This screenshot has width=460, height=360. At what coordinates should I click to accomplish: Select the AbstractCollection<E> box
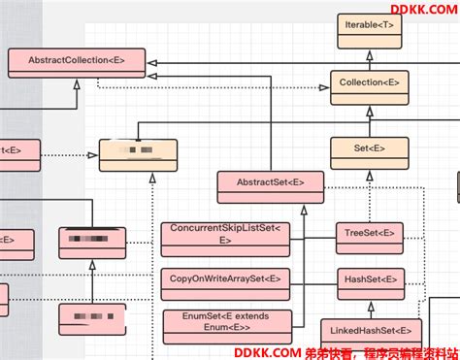coord(77,61)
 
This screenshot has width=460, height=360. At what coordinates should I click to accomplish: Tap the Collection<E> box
coord(368,84)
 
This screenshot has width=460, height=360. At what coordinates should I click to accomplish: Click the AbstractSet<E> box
coord(271,181)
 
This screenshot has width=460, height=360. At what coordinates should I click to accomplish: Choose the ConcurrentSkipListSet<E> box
coord(224,235)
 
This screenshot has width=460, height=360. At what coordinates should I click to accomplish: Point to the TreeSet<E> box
coord(370,233)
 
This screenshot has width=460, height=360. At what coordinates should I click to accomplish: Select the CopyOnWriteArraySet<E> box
coord(224,278)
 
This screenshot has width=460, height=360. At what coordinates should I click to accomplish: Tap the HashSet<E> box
coord(370,280)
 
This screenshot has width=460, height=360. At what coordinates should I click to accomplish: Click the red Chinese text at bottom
coord(388,351)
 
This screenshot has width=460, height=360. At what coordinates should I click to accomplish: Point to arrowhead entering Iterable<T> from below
coord(366,55)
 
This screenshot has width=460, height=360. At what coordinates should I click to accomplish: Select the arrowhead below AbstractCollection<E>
coord(77,85)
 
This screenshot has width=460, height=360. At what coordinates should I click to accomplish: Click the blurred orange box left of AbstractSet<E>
coord(138,154)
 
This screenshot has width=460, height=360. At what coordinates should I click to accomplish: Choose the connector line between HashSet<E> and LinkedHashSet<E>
coord(370,307)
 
